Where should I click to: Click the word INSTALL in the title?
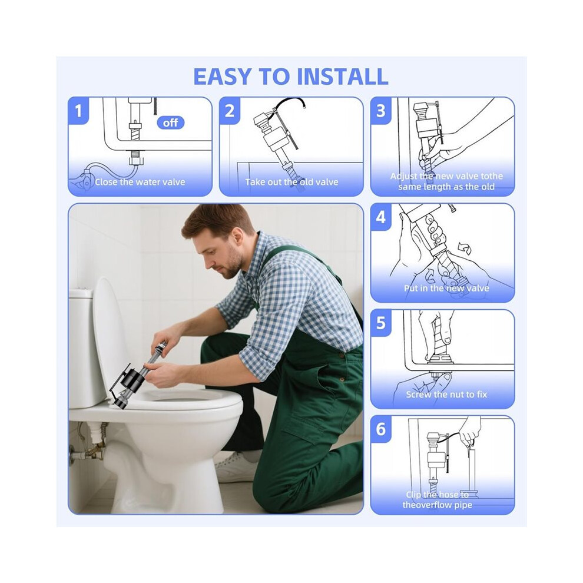342,76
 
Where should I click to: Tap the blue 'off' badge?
170,122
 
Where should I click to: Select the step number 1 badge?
78,111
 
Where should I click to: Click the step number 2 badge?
230,111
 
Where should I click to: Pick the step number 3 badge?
381,111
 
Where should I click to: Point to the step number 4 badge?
381,217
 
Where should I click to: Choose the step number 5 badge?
381,323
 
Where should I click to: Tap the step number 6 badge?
381,429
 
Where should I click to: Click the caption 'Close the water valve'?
140,182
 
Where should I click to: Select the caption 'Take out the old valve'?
291,182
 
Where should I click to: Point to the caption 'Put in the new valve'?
446,288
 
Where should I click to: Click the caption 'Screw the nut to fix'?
446,395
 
